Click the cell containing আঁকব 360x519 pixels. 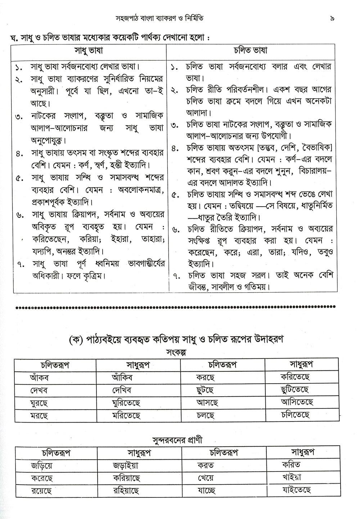coord(40,378)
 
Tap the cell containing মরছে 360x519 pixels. coord(39,415)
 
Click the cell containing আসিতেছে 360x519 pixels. coord(297,402)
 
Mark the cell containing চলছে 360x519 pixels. coord(206,415)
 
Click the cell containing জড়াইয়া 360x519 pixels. coord(125,465)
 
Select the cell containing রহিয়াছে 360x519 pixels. coord(126,490)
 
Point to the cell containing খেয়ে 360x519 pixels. coord(206,478)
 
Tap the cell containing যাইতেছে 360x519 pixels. coord(297,489)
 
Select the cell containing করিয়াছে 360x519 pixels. coord(126,478)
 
